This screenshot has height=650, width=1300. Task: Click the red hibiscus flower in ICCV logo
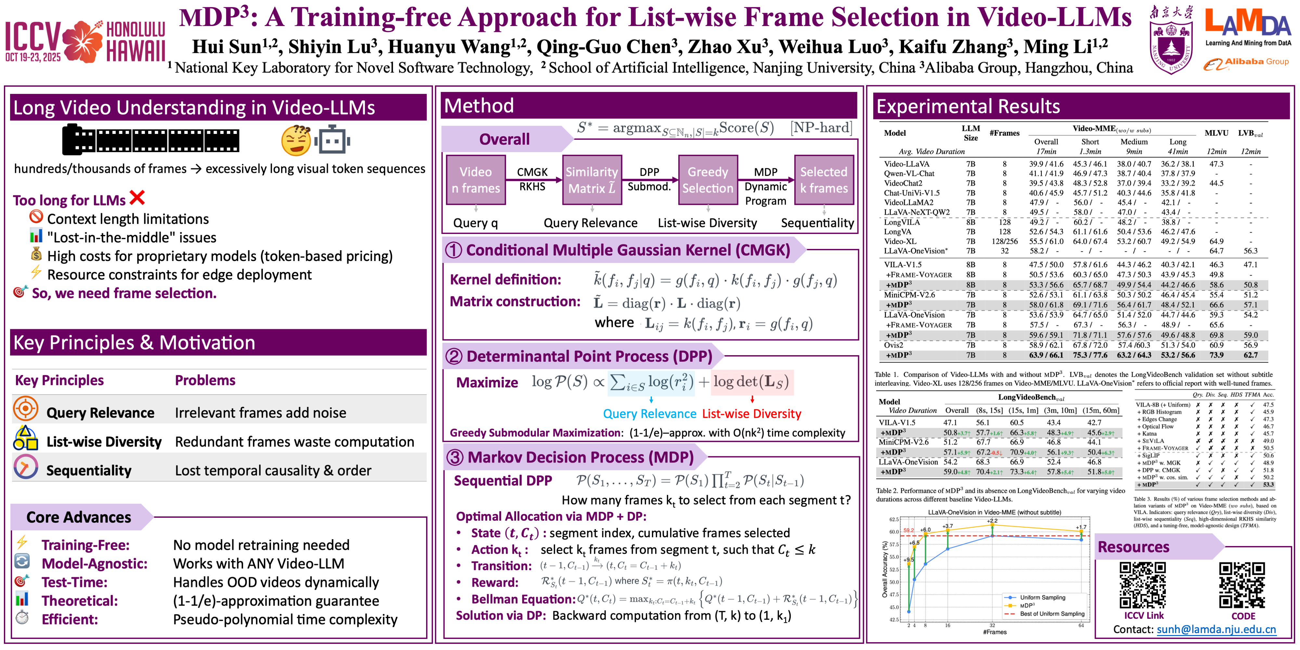click(x=82, y=41)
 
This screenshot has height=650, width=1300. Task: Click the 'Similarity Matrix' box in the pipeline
click(x=591, y=180)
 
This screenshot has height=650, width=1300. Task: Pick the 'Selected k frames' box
click(x=824, y=180)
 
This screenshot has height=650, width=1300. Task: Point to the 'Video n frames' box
click(x=475, y=180)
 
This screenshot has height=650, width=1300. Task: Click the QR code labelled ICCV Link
click(x=1143, y=585)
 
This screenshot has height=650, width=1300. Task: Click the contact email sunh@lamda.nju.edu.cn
click(x=1216, y=629)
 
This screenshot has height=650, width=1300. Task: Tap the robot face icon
click(x=332, y=141)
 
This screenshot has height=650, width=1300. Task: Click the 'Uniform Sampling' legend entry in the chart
click(x=1042, y=598)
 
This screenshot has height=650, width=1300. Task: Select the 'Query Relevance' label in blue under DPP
click(x=649, y=414)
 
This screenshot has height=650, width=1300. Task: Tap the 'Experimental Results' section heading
click(x=968, y=107)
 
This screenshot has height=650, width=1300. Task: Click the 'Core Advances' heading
click(x=79, y=517)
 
